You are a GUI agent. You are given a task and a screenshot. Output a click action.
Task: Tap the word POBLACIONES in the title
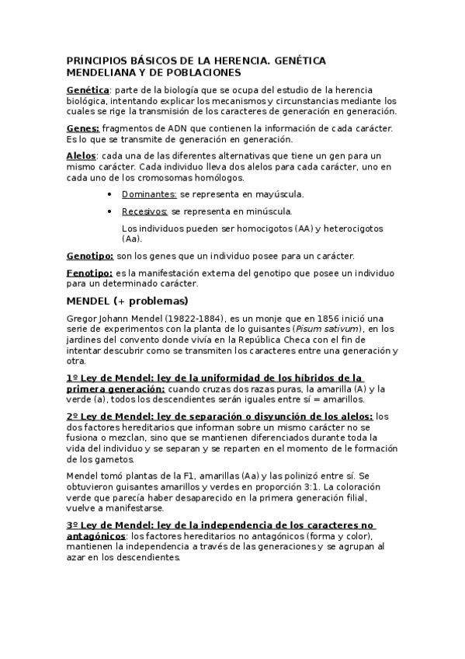(x=205, y=73)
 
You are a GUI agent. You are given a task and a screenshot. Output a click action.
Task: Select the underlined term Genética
(x=88, y=90)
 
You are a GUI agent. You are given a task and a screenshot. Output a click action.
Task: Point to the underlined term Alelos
(x=82, y=155)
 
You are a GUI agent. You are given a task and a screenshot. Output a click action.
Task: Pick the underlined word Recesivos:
(x=145, y=211)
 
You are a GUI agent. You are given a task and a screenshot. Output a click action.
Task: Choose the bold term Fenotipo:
(x=89, y=273)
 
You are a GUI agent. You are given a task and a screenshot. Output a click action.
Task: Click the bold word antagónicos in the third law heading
(x=95, y=535)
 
